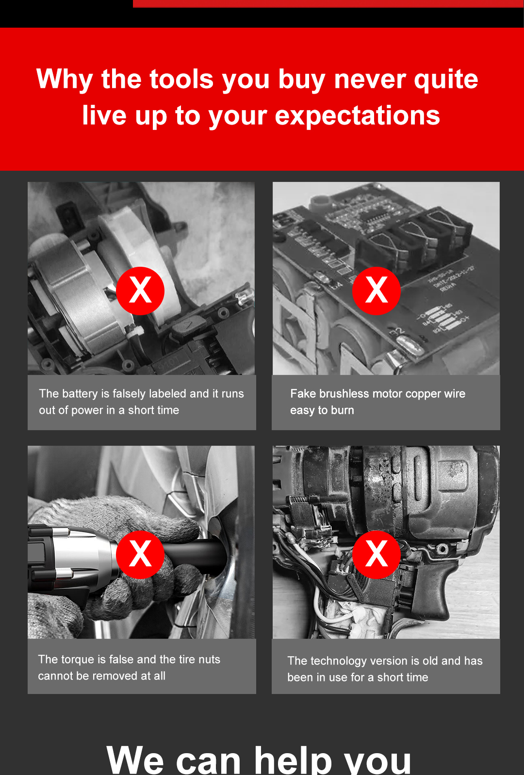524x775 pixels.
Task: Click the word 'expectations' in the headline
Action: [357, 116]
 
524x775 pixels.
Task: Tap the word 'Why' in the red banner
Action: [65, 80]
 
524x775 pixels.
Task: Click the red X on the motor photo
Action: [140, 291]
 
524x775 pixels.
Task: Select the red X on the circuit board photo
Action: [377, 291]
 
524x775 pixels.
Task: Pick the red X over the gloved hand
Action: [140, 555]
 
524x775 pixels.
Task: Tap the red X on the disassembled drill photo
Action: [377, 555]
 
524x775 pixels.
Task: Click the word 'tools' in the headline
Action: [181, 80]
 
